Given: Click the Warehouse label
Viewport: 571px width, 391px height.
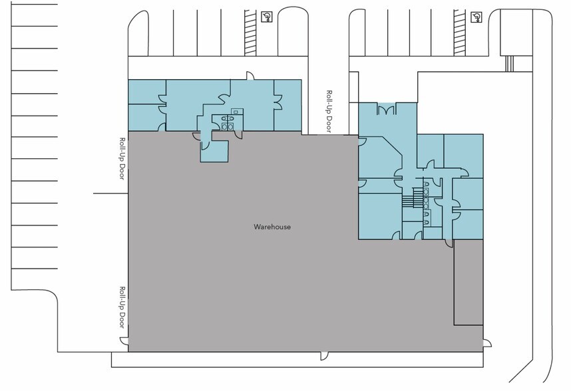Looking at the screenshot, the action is click(272, 227).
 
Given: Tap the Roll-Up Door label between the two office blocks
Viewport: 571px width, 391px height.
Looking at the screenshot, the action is click(329, 111).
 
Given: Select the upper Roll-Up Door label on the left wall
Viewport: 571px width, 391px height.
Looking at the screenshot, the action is click(122, 158).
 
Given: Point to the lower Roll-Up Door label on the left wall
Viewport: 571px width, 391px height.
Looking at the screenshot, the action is click(122, 307).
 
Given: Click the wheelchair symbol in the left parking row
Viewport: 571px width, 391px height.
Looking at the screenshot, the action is click(267, 17).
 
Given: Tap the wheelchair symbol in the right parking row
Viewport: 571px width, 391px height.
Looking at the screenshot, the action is click(476, 17).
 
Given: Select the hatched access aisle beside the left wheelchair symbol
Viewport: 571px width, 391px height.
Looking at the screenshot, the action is click(250, 33).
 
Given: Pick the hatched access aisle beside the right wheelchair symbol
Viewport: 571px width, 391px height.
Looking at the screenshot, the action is click(460, 33).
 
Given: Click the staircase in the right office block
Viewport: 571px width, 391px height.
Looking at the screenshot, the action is click(413, 197).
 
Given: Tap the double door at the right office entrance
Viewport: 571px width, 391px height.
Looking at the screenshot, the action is click(386, 110).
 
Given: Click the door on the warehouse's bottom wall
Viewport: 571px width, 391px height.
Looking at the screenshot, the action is click(323, 356).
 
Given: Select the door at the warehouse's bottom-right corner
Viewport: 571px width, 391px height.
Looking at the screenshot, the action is click(487, 343).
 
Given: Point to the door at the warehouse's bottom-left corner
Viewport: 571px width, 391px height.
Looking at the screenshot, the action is click(124, 342).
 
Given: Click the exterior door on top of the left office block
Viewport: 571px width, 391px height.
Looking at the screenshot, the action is click(250, 75).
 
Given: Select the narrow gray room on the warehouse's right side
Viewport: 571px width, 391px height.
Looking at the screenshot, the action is click(469, 282).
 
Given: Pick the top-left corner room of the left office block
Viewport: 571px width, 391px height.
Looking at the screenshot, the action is click(147, 92).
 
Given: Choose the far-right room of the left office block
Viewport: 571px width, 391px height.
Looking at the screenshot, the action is click(287, 106).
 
